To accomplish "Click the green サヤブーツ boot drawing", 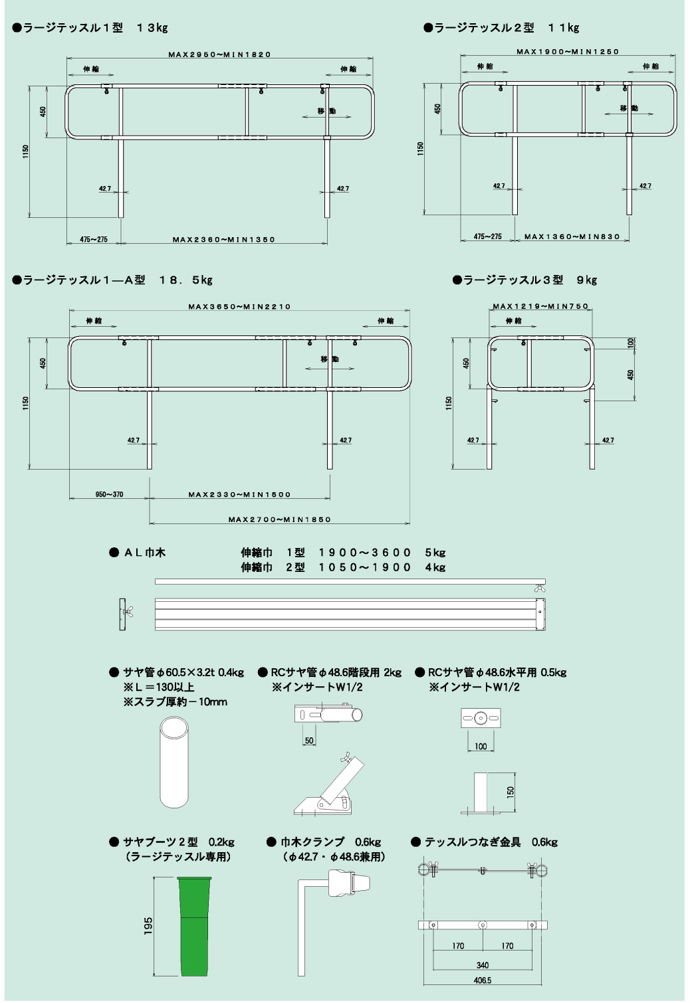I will [x=194, y=927].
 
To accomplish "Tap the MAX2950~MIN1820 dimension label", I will [x=219, y=54].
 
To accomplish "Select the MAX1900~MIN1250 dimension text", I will [x=568, y=52].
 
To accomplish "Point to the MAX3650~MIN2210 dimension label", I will [x=239, y=307].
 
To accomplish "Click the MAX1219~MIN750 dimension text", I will [x=541, y=306].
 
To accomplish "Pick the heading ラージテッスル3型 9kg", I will [x=524, y=280].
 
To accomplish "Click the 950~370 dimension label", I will [x=109, y=494].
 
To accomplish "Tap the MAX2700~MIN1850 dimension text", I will [x=279, y=519].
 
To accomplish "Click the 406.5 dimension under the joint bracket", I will [x=483, y=981].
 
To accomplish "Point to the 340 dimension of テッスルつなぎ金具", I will [x=483, y=965].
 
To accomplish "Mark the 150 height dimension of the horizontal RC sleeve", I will [x=511, y=791].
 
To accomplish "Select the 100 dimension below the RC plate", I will [x=481, y=747].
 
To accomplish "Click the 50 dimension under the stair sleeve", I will [x=309, y=741].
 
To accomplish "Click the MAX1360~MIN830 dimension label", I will [x=572, y=236].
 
